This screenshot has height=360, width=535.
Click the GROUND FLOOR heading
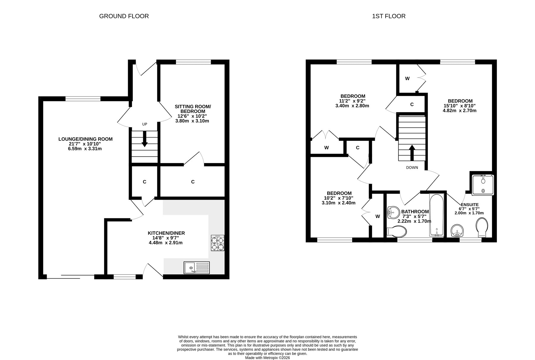click(124, 16)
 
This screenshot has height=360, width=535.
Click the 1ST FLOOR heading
click(389, 16)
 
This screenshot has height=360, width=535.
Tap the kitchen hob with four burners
click(218, 243)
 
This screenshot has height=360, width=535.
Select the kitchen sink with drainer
click(196, 268)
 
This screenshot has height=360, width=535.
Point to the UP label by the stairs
click(144, 124)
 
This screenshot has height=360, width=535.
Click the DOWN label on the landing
click(412, 168)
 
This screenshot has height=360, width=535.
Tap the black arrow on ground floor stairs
click(144, 139)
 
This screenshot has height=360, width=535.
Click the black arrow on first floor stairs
click(412, 153)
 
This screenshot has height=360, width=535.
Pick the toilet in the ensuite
click(482, 228)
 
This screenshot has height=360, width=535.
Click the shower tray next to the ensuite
click(483, 185)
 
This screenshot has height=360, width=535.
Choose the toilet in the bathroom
click(396, 232)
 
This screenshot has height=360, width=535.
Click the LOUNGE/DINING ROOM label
click(86, 139)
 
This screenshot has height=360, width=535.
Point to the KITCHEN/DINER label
click(166, 233)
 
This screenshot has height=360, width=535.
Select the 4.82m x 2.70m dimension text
click(460, 111)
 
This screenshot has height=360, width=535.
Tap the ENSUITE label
click(470, 205)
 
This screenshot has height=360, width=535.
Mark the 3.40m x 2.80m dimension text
click(352, 106)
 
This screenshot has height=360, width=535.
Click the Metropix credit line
click(267, 358)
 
